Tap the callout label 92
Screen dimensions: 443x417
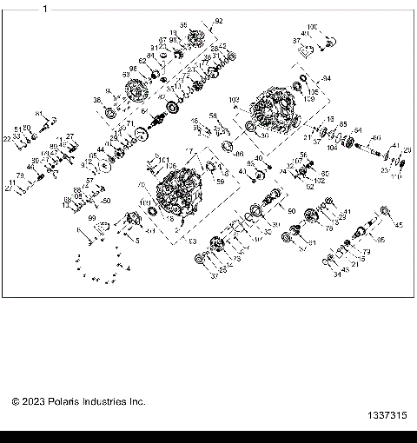tap(218, 20)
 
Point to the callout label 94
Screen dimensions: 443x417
tap(327, 78)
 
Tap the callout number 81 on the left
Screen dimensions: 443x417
tap(39, 114)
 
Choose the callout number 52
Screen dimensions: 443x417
tap(309, 186)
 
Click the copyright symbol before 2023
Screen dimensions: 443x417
tap(16, 402)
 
